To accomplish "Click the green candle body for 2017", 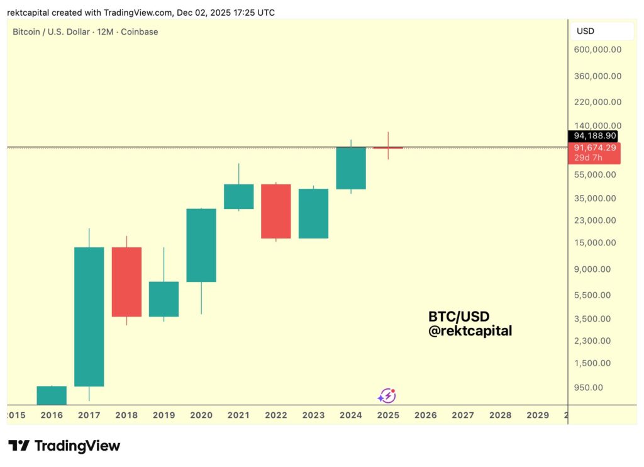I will (x=89, y=316).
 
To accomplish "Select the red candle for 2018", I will (x=126, y=281).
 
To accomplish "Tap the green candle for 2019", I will (x=164, y=298).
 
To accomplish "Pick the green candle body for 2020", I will (x=201, y=245).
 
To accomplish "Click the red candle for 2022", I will (x=276, y=211).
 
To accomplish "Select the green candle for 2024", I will (x=351, y=167).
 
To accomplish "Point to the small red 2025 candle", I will (x=388, y=147).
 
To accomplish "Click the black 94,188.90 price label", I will (x=593, y=136).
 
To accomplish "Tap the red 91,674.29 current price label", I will (x=594, y=147).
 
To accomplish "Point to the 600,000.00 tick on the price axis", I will (x=597, y=50).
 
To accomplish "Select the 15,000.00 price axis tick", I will (x=597, y=242).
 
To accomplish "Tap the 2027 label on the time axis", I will (x=463, y=415).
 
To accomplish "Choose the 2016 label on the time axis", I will (x=52, y=415).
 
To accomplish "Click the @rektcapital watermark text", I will (x=470, y=330).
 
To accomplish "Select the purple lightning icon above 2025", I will (x=387, y=396).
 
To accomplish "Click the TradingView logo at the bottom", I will (x=64, y=446).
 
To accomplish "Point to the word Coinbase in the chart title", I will (x=140, y=31).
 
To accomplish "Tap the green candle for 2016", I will (x=52, y=395).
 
